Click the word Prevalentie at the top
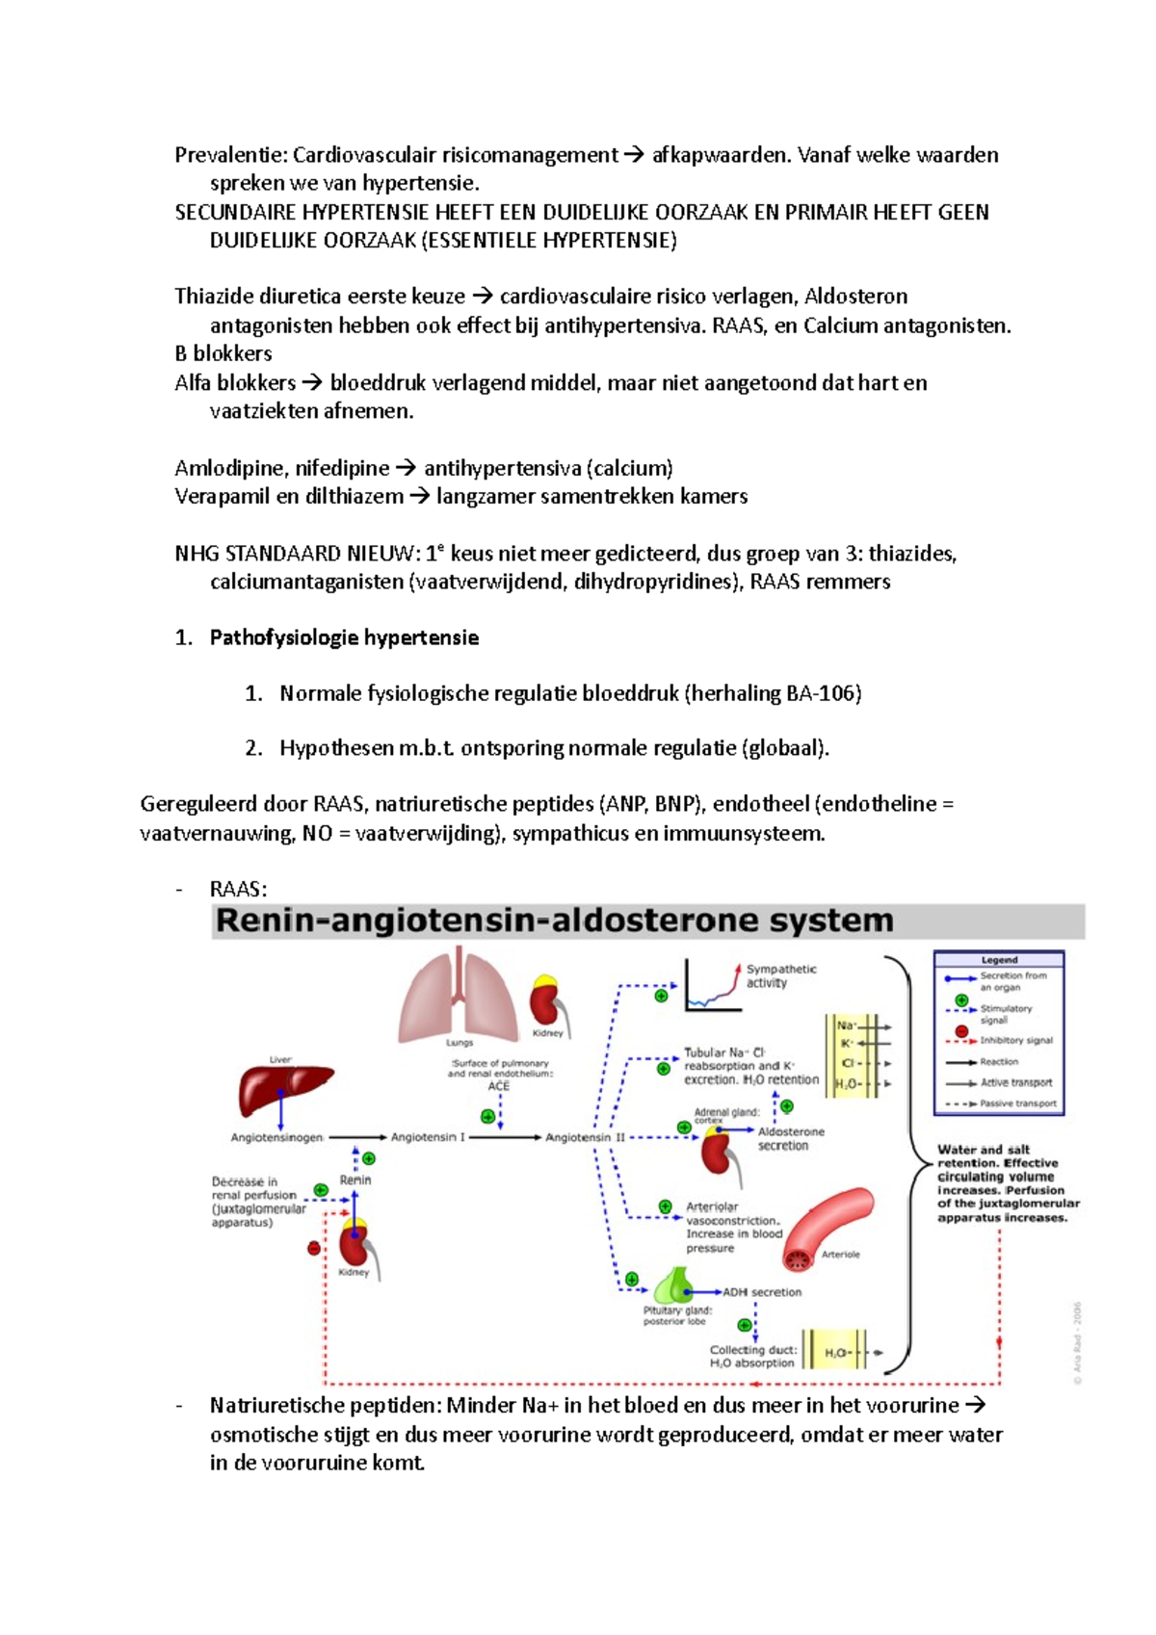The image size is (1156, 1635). [x=230, y=155]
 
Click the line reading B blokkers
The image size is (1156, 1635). [x=223, y=353]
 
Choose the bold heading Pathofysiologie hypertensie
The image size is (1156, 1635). [x=344, y=637]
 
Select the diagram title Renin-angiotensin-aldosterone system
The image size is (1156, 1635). [x=554, y=921]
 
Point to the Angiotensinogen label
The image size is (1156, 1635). [x=276, y=1137]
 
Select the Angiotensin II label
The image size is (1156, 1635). [x=585, y=1137]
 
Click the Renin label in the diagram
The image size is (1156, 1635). [x=355, y=1180]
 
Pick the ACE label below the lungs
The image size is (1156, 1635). [x=498, y=1086]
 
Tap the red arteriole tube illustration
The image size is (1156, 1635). [x=829, y=1228]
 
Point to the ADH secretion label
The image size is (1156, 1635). [x=762, y=1292]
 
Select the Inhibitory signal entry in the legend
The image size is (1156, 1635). [x=1015, y=1041]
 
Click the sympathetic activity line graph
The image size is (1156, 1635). [x=713, y=986]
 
